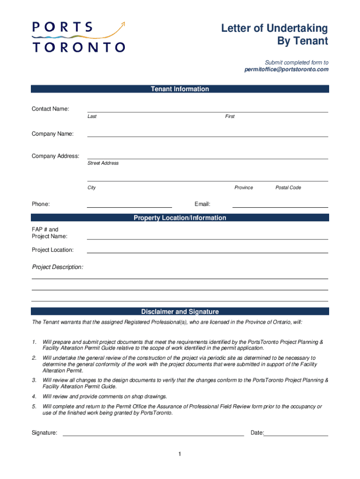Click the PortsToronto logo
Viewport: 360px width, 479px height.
click(79, 36)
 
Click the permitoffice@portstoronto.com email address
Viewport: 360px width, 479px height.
click(286, 69)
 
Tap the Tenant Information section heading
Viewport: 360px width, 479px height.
click(180, 89)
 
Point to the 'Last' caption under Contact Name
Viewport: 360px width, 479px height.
click(92, 116)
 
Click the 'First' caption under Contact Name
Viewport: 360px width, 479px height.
click(230, 116)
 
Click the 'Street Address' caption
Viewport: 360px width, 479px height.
click(103, 163)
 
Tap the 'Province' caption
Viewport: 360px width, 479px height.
click(244, 188)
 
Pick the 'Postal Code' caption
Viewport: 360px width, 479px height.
click(288, 188)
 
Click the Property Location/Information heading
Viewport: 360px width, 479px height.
click(180, 218)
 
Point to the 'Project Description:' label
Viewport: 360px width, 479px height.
click(58, 267)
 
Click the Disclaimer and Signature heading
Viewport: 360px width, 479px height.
click(180, 312)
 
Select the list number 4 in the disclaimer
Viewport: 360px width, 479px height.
click(34, 396)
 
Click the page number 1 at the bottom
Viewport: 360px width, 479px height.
click(180, 454)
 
